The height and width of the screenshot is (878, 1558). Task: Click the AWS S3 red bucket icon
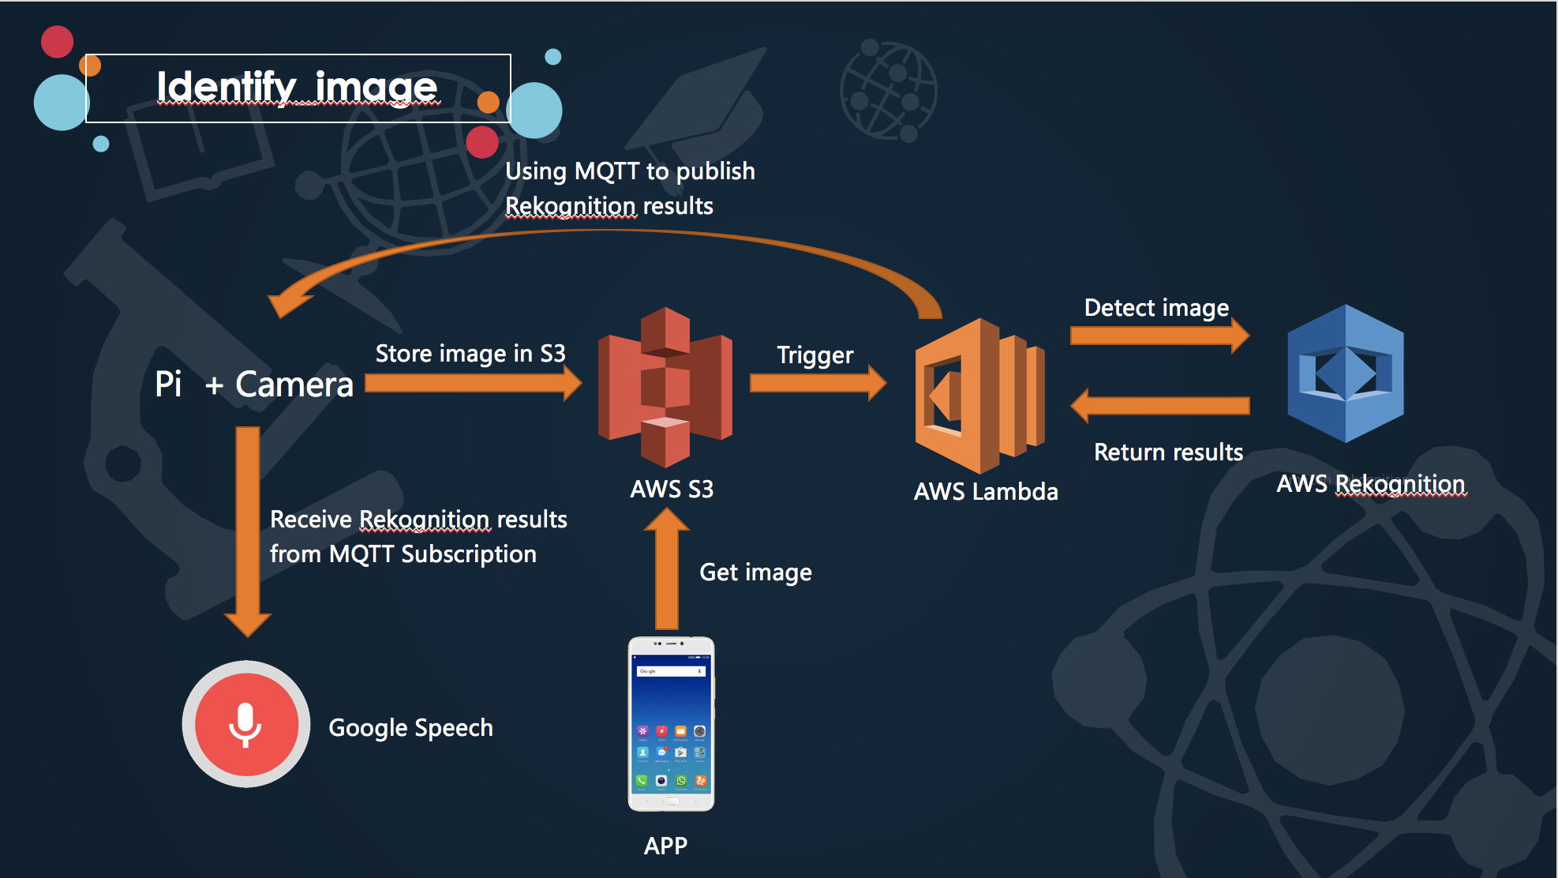pyautogui.click(x=665, y=387)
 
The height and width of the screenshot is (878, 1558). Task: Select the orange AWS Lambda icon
pyautogui.click(x=980, y=396)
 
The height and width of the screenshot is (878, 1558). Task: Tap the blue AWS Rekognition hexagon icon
pyautogui.click(x=1346, y=373)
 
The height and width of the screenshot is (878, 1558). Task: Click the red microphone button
pyautogui.click(x=246, y=724)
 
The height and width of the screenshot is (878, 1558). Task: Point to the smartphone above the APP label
pyautogui.click(x=671, y=724)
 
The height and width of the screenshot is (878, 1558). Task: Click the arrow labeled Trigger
pyautogui.click(x=818, y=383)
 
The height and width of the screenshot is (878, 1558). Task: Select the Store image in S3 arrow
pyautogui.click(x=474, y=384)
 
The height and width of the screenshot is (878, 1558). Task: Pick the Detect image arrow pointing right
pyautogui.click(x=1159, y=336)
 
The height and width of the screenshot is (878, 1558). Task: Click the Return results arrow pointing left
pyautogui.click(x=1159, y=406)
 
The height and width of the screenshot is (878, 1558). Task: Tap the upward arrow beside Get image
pyautogui.click(x=667, y=568)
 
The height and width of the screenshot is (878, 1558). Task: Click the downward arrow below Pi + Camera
pyautogui.click(x=248, y=532)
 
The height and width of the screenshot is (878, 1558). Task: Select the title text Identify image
pyautogui.click(x=297, y=87)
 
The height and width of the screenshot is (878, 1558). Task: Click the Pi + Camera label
pyautogui.click(x=254, y=385)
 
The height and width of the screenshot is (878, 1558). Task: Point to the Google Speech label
pyautogui.click(x=410, y=727)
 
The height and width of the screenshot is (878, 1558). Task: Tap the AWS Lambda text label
pyautogui.click(x=986, y=491)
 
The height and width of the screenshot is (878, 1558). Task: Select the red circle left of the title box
pyautogui.click(x=57, y=42)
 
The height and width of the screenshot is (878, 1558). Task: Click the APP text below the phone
pyautogui.click(x=665, y=846)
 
